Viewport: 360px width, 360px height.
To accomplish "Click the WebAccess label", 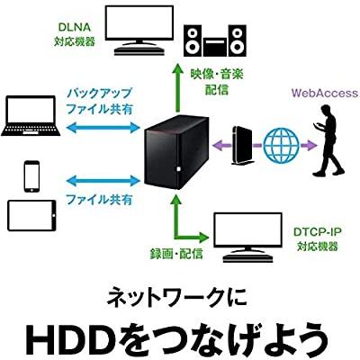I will click(x=323, y=93).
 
